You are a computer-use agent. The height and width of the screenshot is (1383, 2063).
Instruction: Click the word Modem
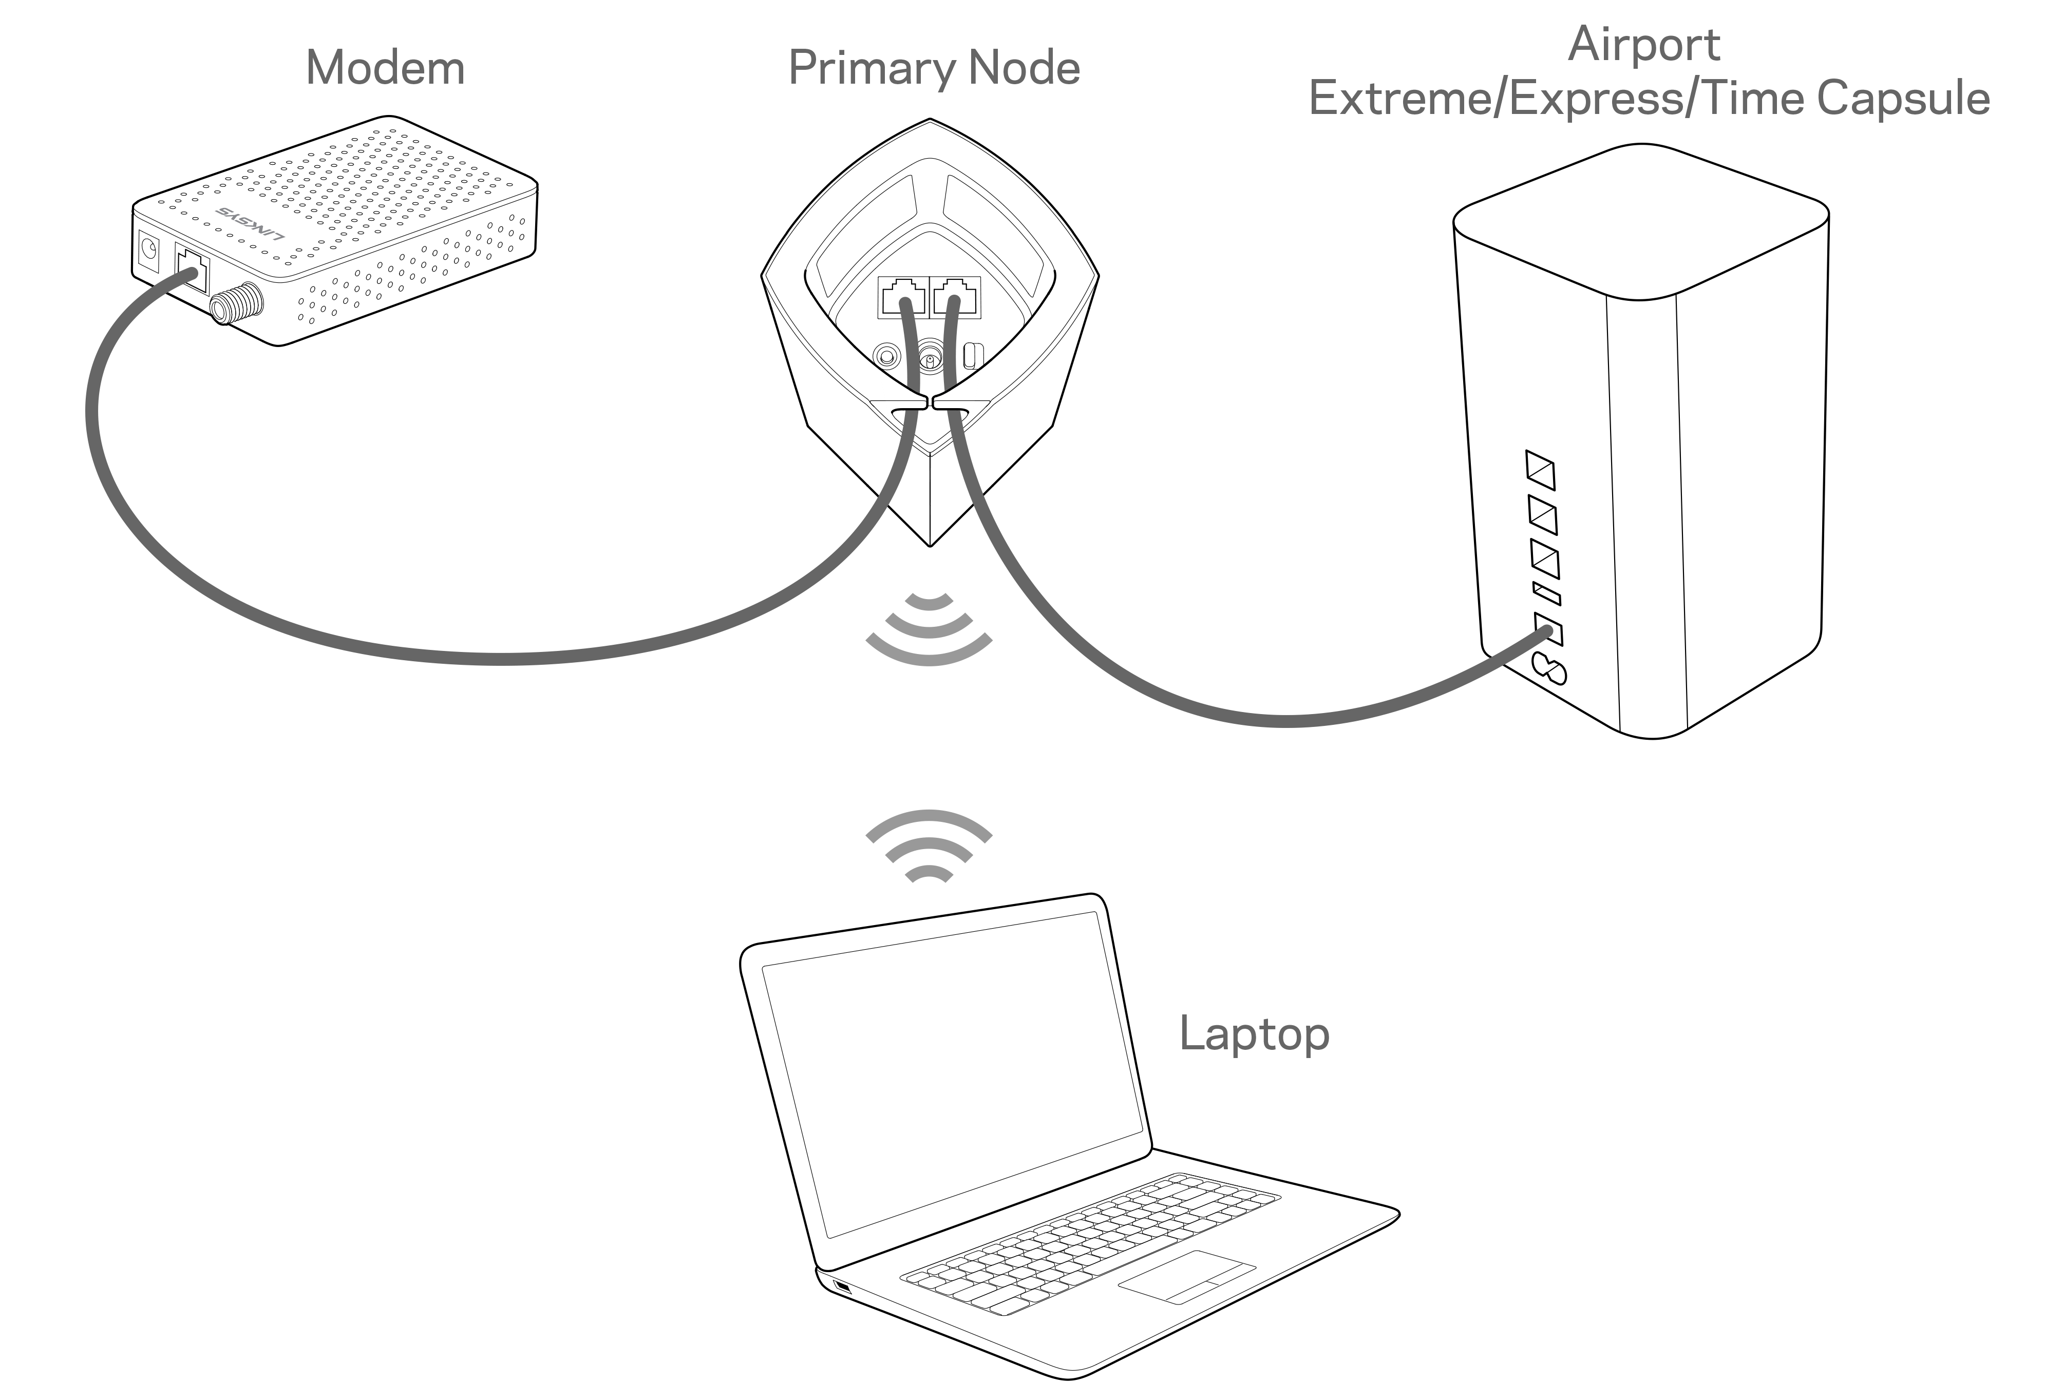click(386, 69)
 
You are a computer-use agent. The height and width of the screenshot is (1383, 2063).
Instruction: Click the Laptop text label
click(1254, 1034)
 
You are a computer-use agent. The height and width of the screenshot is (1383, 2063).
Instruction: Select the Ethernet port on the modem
click(192, 267)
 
